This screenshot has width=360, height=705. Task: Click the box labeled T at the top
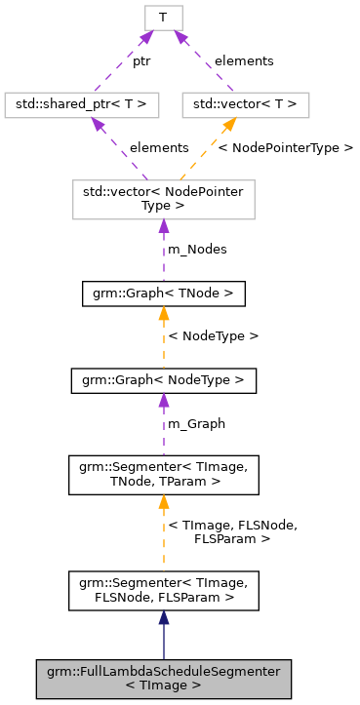163,17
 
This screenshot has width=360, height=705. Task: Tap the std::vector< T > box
245,103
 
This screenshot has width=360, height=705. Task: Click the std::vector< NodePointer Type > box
163,198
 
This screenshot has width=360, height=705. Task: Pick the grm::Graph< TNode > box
163,293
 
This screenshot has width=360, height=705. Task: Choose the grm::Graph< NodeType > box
163,379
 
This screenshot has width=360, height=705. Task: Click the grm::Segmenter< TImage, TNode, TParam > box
163,474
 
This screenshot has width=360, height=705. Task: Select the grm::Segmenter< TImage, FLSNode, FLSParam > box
163,591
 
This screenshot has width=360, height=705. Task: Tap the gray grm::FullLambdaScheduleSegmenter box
163,678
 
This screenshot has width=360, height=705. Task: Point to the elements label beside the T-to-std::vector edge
243,60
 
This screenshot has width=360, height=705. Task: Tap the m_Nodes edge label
198,249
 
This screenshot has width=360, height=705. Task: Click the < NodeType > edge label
214,335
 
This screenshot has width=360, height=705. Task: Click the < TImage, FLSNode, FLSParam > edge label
232,531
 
